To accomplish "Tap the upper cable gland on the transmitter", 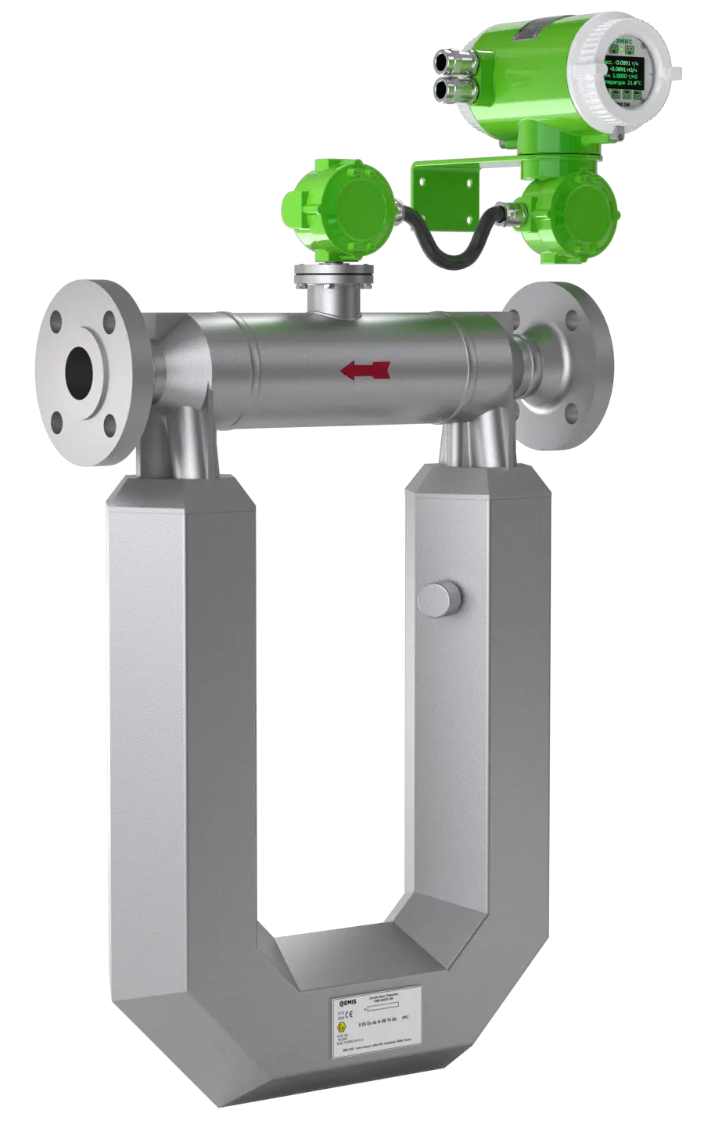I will tap(451, 60).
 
